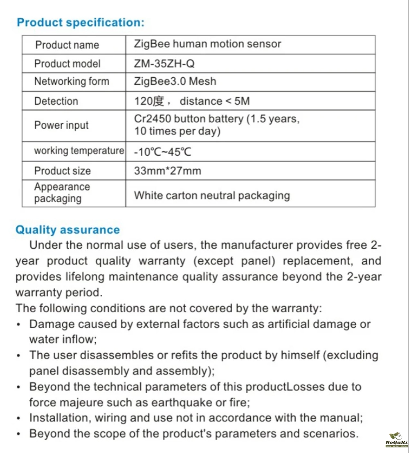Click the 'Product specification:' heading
[x=81, y=22]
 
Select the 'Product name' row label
[x=67, y=45]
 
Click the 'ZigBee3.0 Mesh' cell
[x=175, y=81]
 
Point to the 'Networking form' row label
[x=72, y=81]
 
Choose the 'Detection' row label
[x=56, y=101]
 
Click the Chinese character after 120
[x=158, y=101]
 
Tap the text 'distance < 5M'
[x=215, y=101]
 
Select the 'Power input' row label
[x=61, y=125]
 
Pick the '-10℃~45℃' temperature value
[x=163, y=152]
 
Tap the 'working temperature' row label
[x=79, y=151]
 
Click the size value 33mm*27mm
[x=168, y=170]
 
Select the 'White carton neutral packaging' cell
[x=212, y=195]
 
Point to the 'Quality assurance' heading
[x=67, y=230]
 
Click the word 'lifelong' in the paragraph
[x=85, y=277]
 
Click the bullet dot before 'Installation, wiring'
[x=19, y=418]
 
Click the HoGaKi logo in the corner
[x=396, y=440]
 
